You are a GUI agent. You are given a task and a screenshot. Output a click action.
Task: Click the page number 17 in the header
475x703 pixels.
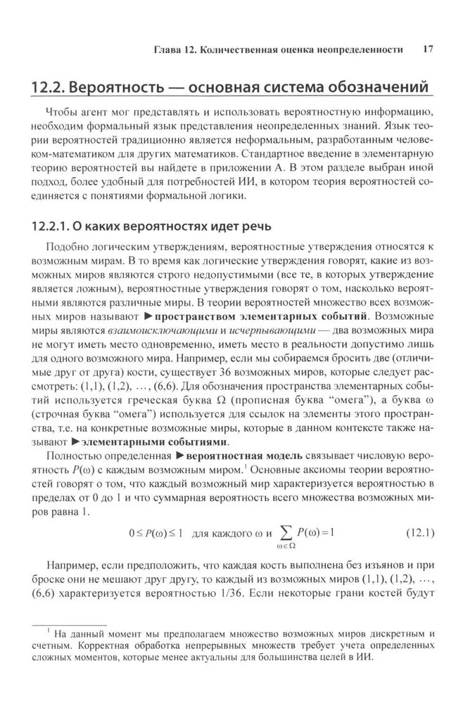coord(428,50)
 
